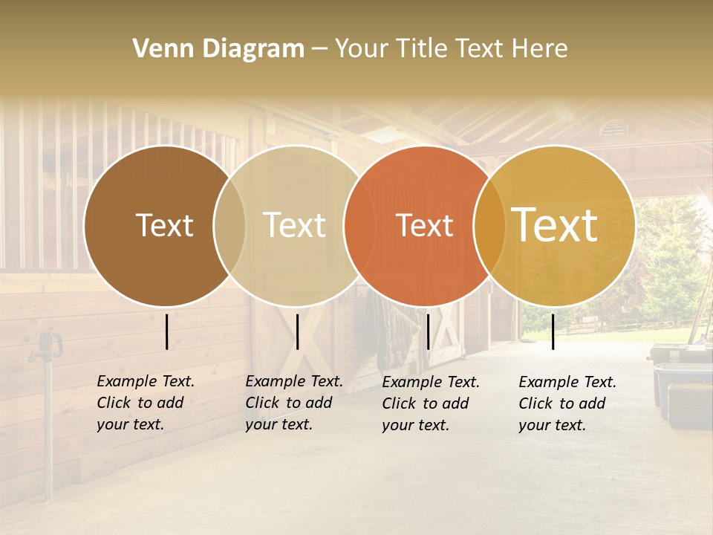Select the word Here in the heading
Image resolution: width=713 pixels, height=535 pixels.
[541, 49]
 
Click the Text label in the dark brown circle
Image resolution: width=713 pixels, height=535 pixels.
[164, 225]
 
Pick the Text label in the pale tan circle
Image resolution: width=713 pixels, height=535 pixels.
[294, 225]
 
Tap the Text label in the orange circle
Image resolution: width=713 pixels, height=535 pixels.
[424, 225]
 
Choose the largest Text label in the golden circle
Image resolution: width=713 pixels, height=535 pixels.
[555, 225]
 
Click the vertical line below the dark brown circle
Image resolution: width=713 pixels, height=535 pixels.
[167, 331]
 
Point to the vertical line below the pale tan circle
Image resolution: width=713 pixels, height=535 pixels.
[297, 331]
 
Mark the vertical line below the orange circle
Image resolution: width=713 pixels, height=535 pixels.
[428, 331]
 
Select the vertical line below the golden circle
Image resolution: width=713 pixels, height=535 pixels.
[553, 331]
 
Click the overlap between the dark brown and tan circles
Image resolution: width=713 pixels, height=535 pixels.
[229, 225]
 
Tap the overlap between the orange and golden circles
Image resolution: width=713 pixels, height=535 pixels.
[489, 225]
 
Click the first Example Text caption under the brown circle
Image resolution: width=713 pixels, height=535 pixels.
[145, 403]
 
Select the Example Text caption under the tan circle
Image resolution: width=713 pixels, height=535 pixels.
[293, 403]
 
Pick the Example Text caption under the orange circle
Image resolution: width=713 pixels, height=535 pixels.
[430, 403]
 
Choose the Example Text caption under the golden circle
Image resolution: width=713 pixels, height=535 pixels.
[567, 403]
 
